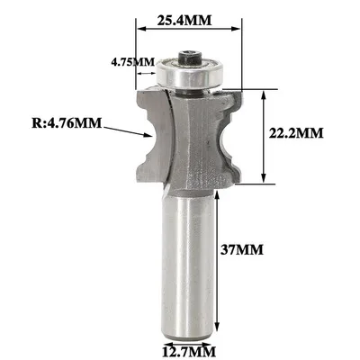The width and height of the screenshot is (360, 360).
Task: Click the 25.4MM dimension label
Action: [x=192, y=17]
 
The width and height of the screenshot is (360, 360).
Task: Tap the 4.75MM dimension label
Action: [x=131, y=63]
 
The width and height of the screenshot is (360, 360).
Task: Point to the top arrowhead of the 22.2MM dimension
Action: [x=263, y=92]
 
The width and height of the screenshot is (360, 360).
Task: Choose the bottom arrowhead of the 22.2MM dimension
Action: [x=263, y=176]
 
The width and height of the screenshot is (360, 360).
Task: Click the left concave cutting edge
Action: [x=151, y=135]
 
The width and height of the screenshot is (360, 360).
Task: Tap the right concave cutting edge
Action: [x=232, y=135]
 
